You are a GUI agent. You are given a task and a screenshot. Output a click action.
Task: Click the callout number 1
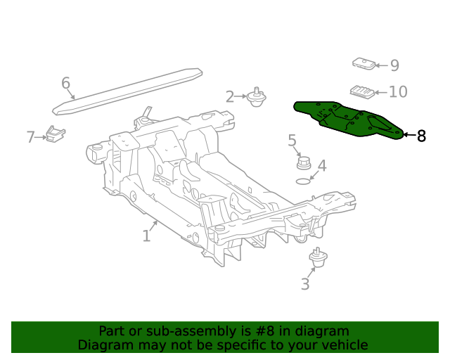(x=146, y=236)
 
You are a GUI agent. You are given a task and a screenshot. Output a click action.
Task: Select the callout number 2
(x=230, y=96)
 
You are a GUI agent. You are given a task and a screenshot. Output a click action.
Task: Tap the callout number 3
(x=304, y=284)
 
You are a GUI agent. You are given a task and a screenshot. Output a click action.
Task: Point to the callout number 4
(x=321, y=166)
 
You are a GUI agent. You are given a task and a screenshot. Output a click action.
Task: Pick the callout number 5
(x=292, y=141)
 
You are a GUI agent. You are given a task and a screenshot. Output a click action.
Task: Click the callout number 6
(x=65, y=84)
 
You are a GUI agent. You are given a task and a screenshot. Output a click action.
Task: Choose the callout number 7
(x=30, y=137)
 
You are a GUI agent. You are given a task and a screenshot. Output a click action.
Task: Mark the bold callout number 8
(x=421, y=136)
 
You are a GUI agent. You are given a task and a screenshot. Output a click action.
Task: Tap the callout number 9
(x=394, y=65)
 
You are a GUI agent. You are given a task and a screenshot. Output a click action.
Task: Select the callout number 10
(x=398, y=91)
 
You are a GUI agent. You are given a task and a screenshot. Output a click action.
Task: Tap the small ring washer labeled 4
(x=302, y=181)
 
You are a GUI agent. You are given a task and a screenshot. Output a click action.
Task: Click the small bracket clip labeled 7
(x=55, y=133)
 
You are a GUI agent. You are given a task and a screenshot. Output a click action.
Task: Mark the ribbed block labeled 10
(x=360, y=92)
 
